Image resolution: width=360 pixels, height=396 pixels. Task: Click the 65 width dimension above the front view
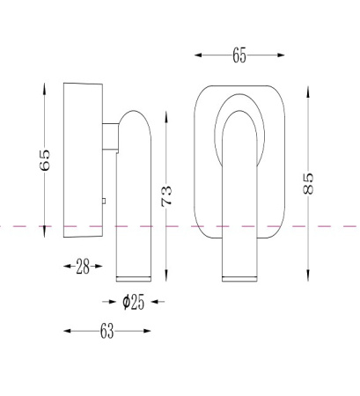[x=239, y=55]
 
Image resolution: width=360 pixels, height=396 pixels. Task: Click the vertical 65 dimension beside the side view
[x=45, y=160]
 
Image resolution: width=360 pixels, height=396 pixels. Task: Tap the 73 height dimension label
[x=166, y=196]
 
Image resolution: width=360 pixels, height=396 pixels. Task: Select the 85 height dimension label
[x=308, y=184]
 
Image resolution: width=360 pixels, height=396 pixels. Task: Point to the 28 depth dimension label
[x=83, y=267]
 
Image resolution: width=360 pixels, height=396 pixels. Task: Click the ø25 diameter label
[x=134, y=302]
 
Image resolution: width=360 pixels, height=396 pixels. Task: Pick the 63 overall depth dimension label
[x=107, y=331]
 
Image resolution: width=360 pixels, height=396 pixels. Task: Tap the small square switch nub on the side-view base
[x=104, y=201]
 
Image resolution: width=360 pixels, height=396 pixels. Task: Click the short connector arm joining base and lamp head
[x=111, y=136]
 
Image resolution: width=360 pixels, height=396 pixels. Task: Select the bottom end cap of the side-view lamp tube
[x=134, y=279]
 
